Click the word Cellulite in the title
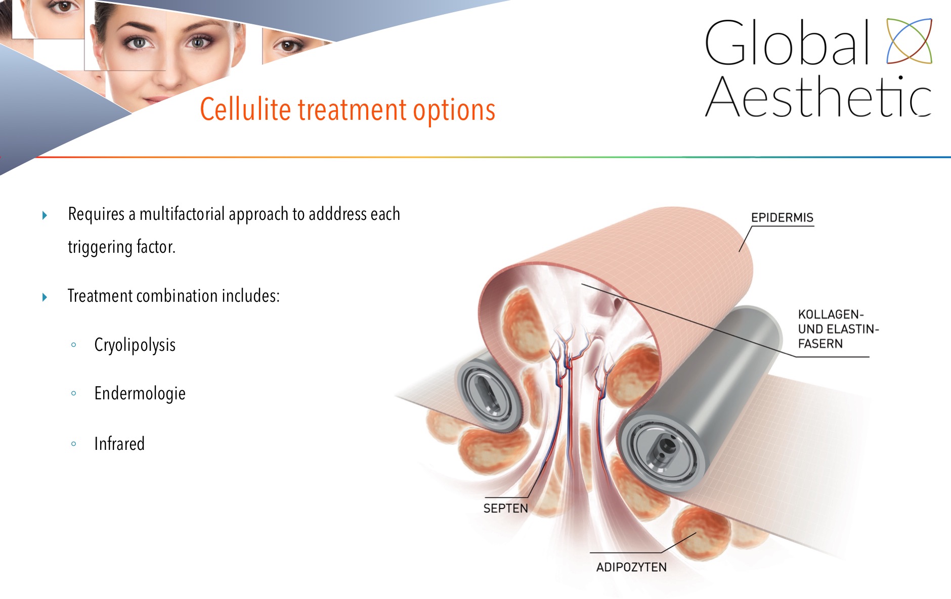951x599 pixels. tap(245, 109)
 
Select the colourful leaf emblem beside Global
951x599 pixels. tap(909, 41)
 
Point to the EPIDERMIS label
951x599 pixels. tap(782, 218)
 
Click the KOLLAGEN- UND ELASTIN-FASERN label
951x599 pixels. tap(838, 329)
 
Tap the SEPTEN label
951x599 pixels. tap(505, 509)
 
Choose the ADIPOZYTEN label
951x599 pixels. tap(631, 567)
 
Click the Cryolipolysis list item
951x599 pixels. tap(135, 345)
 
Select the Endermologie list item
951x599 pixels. tap(140, 394)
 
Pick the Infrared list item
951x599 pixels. tap(119, 444)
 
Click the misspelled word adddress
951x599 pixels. tap(337, 214)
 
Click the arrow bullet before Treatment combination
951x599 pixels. tap(45, 297)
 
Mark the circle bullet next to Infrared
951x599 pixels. tap(74, 444)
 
